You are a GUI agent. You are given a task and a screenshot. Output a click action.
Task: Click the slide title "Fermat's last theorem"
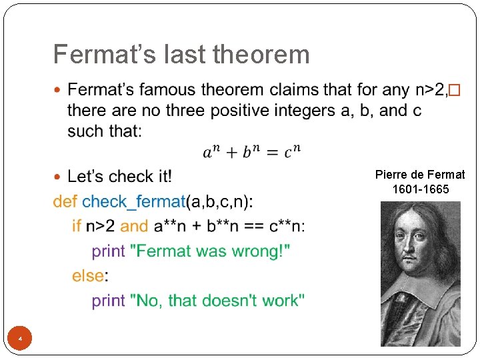click(x=181, y=54)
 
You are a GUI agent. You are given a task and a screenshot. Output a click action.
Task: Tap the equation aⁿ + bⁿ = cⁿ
click(x=252, y=153)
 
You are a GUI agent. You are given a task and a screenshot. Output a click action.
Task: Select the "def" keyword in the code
click(x=65, y=201)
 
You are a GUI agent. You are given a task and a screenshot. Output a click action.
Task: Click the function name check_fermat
click(x=133, y=201)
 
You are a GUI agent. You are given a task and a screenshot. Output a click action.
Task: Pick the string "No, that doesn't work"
click(x=220, y=300)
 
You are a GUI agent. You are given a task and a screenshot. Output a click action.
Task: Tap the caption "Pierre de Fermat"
click(x=420, y=175)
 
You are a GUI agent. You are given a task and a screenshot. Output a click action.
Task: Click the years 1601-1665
click(x=421, y=189)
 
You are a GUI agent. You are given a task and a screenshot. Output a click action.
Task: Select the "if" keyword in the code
click(x=77, y=226)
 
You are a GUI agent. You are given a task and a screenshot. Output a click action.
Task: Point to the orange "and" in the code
click(x=135, y=226)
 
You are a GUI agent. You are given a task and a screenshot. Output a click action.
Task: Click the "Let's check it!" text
click(x=120, y=177)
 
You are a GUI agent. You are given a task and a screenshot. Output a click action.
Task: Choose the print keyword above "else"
click(x=108, y=251)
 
